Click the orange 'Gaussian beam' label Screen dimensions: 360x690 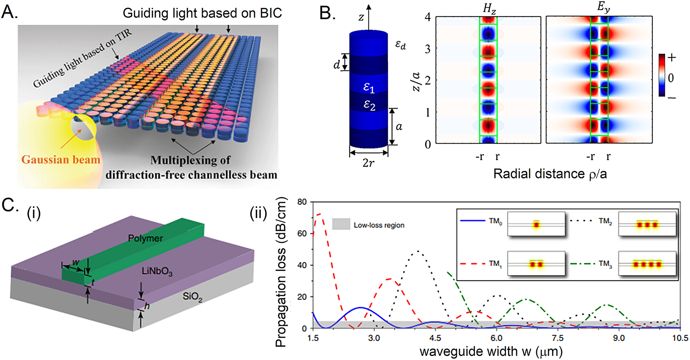tap(61, 160)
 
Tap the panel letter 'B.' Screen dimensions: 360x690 tap(327, 13)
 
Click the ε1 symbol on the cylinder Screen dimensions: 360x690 tap(369, 87)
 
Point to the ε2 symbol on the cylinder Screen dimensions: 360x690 tap(369, 105)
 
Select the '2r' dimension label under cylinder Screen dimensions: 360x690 tap(368, 163)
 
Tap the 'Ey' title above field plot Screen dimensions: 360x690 tap(603, 7)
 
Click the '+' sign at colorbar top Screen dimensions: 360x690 tap(671, 58)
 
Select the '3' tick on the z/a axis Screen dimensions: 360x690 tap(428, 48)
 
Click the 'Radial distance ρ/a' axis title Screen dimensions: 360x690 tap(550, 174)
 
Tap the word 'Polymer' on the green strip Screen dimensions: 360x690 tap(145, 238)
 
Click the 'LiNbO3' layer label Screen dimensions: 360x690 tap(157, 272)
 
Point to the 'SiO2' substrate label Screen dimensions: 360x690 tap(192, 296)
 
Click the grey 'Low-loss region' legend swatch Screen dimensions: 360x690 tap(341, 224)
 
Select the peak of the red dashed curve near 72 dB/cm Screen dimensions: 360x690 tap(320, 214)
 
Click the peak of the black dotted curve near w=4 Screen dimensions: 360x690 tap(418, 251)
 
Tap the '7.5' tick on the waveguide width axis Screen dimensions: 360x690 tap(558, 338)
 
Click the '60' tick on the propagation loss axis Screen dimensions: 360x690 tap(302, 234)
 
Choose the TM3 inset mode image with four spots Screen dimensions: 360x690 tap(647, 264)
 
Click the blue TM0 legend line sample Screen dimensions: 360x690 tap(472, 221)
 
